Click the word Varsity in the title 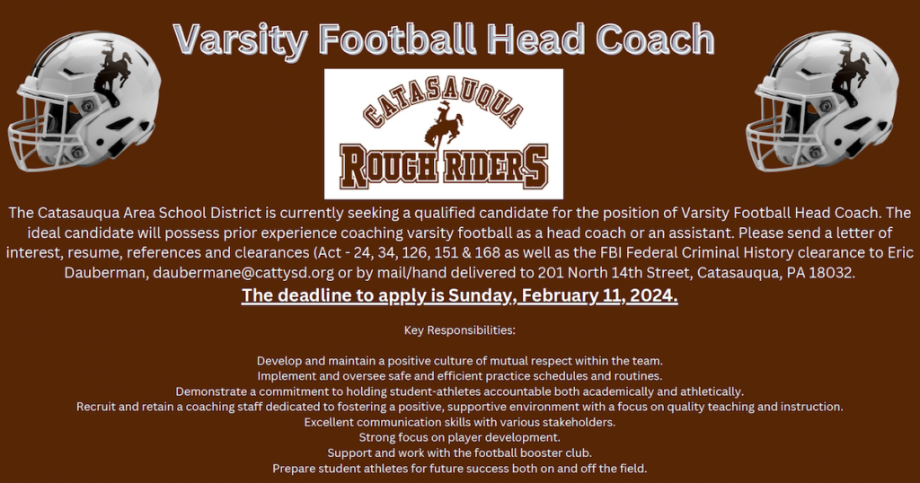tap(240, 39)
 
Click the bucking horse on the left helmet tap(112, 75)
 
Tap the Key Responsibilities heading tap(459, 330)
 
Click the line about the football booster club tap(459, 452)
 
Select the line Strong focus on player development tap(459, 437)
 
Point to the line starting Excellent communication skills tap(459, 422)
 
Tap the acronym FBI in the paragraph tap(640, 251)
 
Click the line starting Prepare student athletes tap(459, 468)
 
